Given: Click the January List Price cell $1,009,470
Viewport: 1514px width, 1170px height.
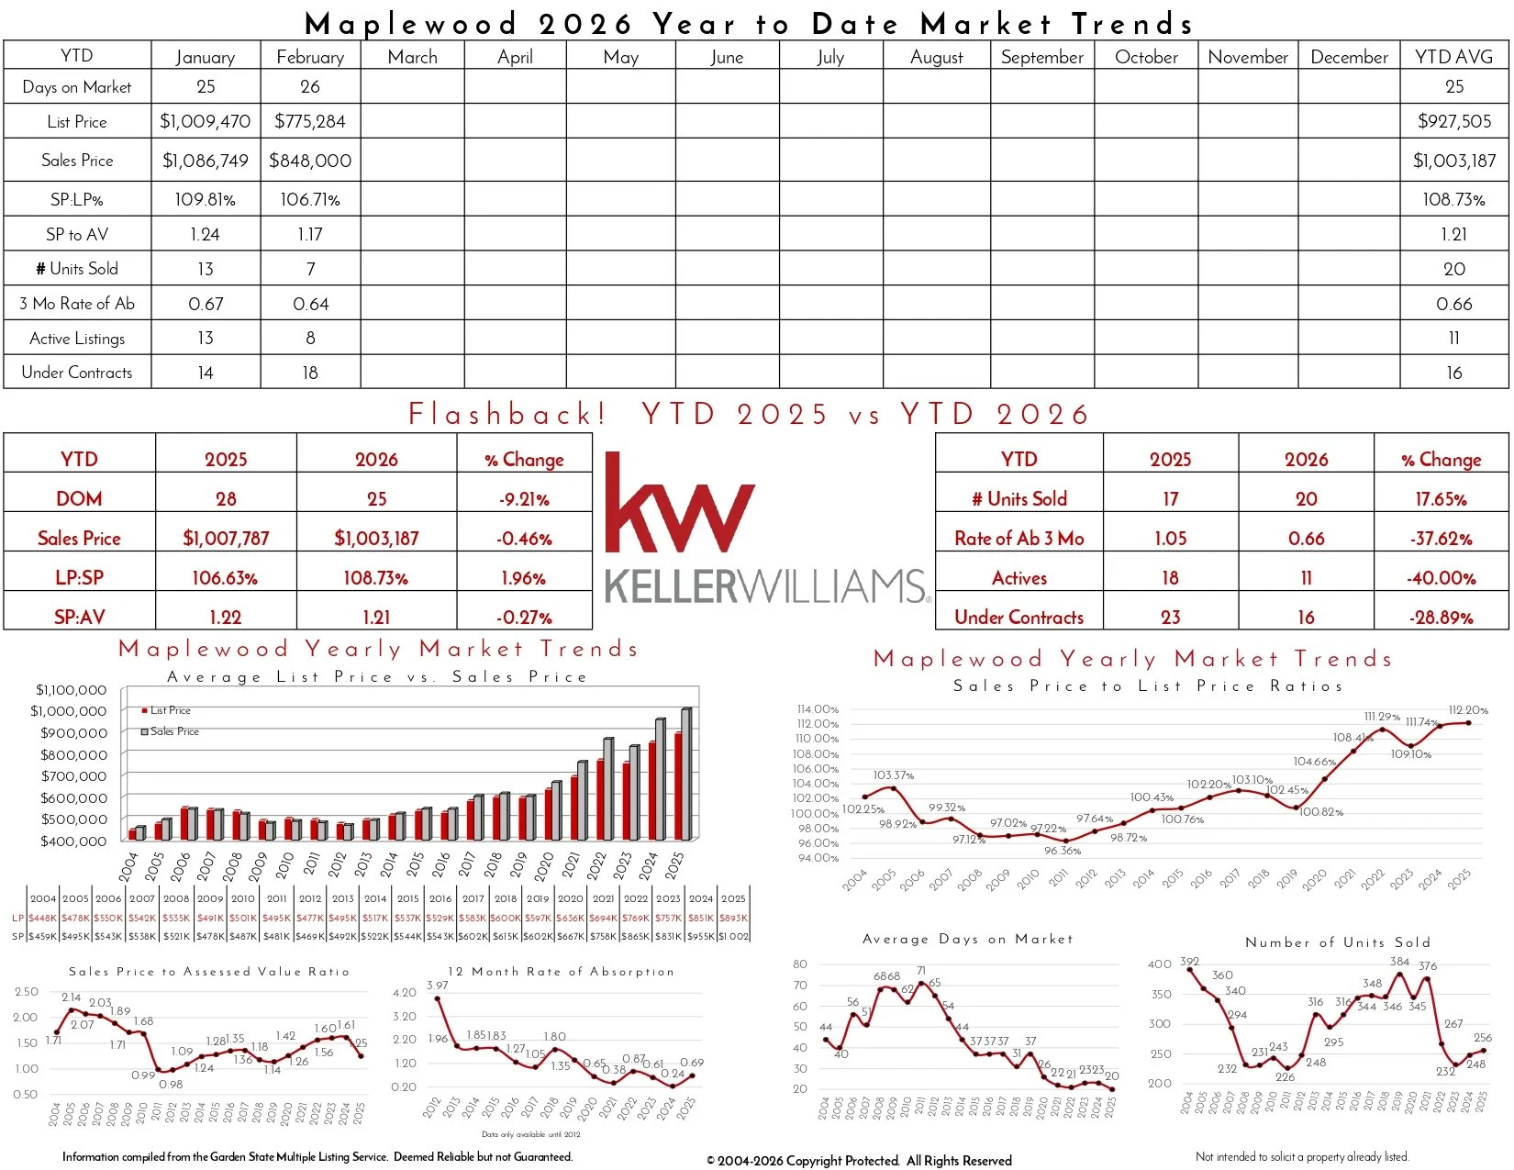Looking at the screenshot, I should pyautogui.click(x=205, y=121).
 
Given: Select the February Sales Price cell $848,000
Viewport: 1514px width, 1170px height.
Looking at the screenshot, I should pyautogui.click(x=310, y=161).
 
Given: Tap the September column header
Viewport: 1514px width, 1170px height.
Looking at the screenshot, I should pyautogui.click(x=1041, y=57).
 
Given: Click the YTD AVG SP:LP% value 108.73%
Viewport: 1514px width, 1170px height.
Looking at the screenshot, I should pyautogui.click(x=1453, y=199).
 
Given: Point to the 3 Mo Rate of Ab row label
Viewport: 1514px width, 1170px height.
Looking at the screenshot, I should pyautogui.click(x=77, y=304).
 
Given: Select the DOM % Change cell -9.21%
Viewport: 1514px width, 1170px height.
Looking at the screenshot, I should pyautogui.click(x=524, y=499).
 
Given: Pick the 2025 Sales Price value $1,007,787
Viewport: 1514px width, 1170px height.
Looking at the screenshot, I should pyautogui.click(x=226, y=539).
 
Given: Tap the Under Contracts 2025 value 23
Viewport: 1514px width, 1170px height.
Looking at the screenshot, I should pyautogui.click(x=1170, y=618).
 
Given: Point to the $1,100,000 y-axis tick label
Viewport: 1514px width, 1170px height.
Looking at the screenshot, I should pyautogui.click(x=71, y=690).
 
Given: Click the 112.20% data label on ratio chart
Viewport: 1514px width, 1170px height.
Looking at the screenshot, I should pyautogui.click(x=1467, y=710).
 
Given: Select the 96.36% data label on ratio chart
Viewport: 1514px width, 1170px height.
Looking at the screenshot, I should pyautogui.click(x=1062, y=851).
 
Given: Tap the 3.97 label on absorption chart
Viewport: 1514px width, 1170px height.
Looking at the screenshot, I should pyautogui.click(x=437, y=986).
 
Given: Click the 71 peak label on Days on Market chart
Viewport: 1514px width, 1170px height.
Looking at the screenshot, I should pyautogui.click(x=920, y=971).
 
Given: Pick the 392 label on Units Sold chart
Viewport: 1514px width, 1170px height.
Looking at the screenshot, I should pyautogui.click(x=1189, y=962).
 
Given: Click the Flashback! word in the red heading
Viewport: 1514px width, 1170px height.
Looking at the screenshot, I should pyautogui.click(x=507, y=414).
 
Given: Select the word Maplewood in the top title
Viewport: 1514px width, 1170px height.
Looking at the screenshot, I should pyautogui.click(x=410, y=23).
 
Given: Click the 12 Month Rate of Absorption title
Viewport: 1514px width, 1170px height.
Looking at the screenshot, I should pyautogui.click(x=560, y=971).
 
